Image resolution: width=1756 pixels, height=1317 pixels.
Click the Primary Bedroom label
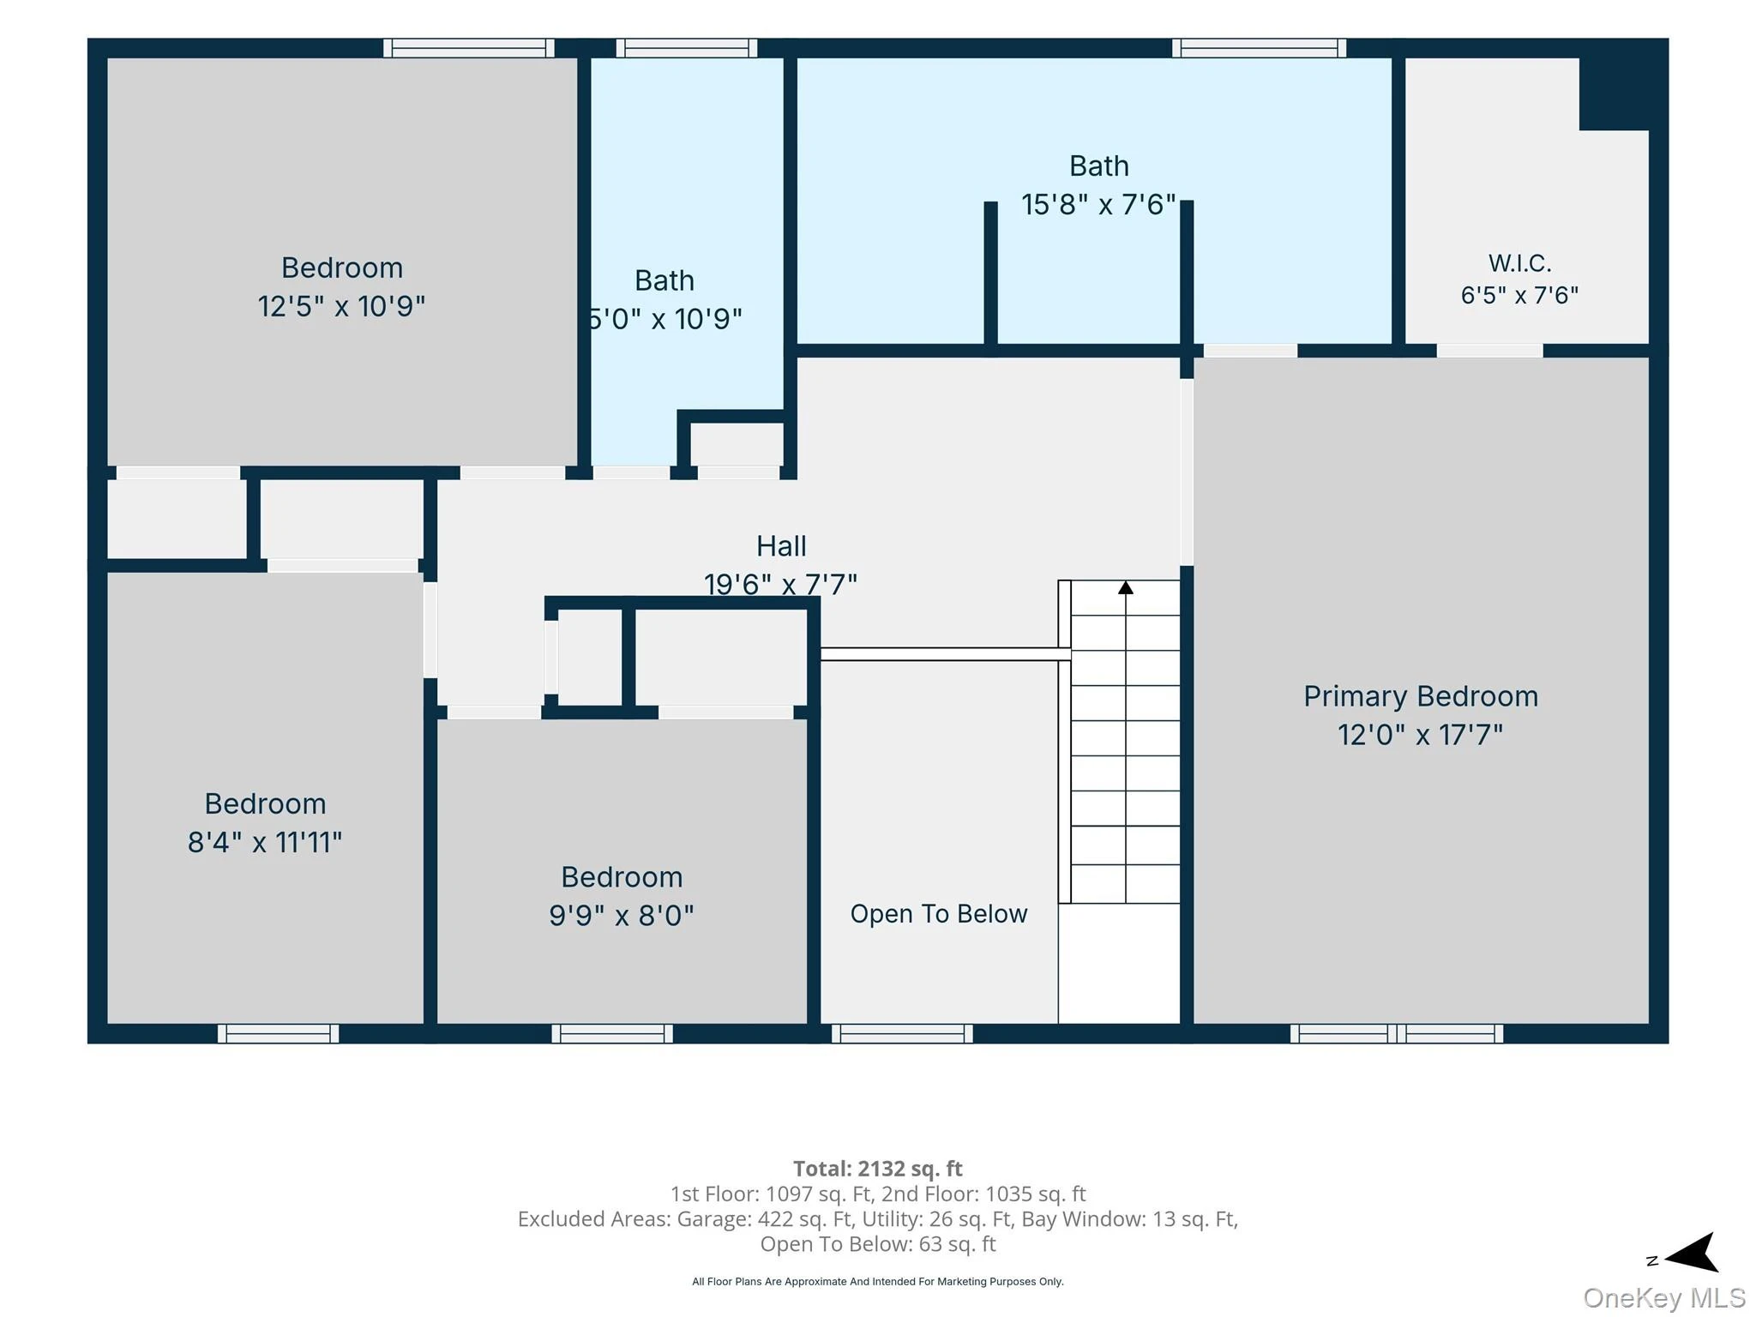point(1421,696)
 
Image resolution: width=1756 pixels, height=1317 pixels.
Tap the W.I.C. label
point(1519,262)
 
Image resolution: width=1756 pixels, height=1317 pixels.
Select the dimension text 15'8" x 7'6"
point(1098,204)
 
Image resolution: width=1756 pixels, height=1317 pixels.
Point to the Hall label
point(781,546)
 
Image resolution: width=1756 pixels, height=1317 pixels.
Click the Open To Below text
point(939,914)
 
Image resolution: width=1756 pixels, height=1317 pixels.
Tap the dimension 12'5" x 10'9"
point(341,306)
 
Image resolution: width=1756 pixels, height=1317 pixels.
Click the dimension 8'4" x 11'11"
point(265,842)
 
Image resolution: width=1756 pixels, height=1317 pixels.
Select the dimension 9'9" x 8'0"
point(622,916)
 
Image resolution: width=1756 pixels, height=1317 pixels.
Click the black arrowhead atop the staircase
point(1126,587)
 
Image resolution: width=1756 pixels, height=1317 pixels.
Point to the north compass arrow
point(1690,1253)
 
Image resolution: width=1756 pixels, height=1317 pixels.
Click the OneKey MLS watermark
point(1664,1298)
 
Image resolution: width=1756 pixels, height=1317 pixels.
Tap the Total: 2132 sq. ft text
point(878,1169)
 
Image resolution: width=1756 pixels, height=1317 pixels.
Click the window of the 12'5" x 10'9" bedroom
point(468,48)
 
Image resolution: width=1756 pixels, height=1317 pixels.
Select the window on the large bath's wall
point(1259,48)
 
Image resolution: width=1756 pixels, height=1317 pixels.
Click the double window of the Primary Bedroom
point(1397,1033)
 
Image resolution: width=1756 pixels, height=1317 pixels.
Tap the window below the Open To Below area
point(902,1033)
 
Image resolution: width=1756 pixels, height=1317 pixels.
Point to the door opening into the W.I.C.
point(1489,351)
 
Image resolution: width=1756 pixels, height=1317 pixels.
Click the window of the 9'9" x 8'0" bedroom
point(612,1033)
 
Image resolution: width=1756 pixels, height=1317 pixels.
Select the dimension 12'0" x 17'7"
point(1421,735)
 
